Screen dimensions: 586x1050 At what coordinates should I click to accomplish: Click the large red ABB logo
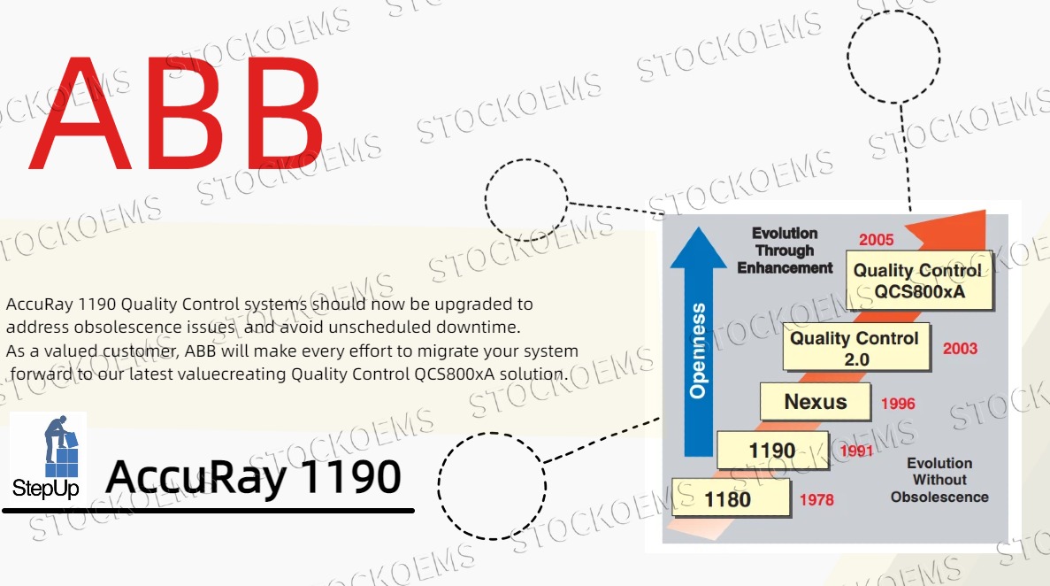click(x=177, y=113)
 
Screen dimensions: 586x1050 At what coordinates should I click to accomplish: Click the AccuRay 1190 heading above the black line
click(x=253, y=477)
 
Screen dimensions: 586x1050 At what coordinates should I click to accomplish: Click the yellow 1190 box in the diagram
click(x=772, y=451)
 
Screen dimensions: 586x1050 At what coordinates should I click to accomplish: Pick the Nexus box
click(x=816, y=402)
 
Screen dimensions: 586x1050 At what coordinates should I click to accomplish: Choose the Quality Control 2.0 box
click(x=855, y=348)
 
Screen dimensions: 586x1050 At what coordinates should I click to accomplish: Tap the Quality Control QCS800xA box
click(x=917, y=281)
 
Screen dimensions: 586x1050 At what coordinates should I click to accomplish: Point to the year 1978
click(x=816, y=500)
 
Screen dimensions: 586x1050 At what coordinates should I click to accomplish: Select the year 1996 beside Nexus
click(x=898, y=404)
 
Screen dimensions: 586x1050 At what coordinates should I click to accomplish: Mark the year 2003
click(x=960, y=348)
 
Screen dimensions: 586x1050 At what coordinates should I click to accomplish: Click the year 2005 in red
click(x=876, y=239)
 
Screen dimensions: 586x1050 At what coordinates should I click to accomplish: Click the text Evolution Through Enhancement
click(x=785, y=251)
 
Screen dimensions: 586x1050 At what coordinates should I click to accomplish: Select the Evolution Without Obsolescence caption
click(x=939, y=480)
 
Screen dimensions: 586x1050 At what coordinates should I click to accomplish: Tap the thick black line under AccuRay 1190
click(x=209, y=511)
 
